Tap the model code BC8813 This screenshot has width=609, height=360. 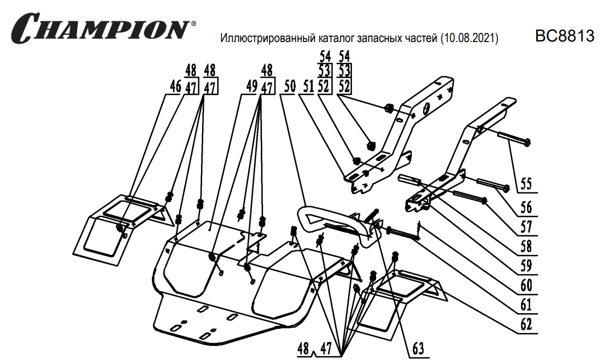564,36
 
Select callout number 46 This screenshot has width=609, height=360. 174,87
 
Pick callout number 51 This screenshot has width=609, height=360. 307,87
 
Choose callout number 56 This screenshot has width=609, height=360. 525,207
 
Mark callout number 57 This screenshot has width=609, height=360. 525,226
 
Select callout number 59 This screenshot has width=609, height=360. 525,265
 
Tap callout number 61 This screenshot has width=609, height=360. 525,304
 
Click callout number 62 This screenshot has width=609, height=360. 525,324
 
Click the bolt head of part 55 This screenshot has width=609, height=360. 527,142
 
